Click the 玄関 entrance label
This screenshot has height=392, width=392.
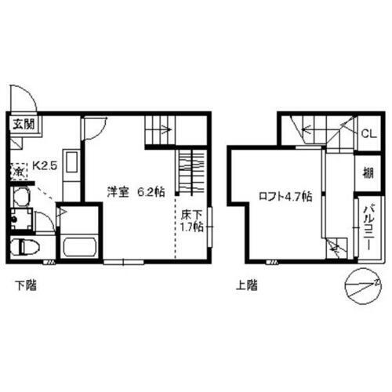point(23,123)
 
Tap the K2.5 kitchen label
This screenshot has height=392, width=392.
point(39,165)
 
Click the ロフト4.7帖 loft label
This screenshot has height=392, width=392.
point(285,197)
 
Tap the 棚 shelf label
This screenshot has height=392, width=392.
point(367,173)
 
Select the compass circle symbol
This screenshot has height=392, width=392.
point(363,284)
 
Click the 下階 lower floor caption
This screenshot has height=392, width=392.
point(24,286)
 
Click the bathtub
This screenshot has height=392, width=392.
point(78,245)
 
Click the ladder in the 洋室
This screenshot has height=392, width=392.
point(191,172)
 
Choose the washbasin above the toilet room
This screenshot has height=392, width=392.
point(20,197)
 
